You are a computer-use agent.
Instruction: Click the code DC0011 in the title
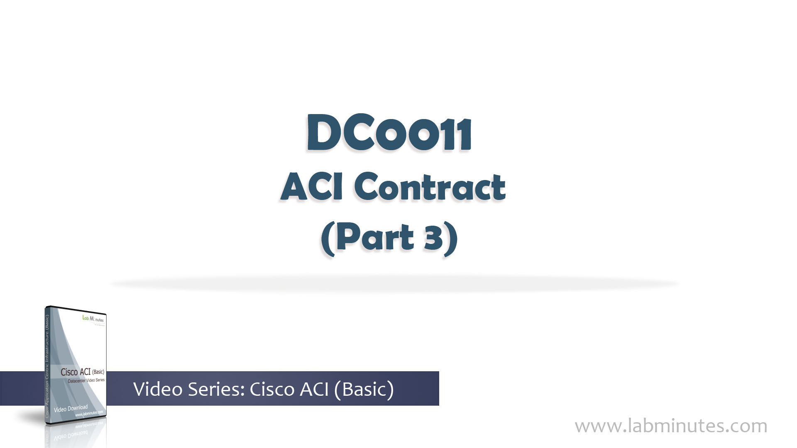(389, 134)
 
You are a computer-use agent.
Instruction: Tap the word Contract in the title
(430, 187)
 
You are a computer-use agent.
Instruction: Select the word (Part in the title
(368, 237)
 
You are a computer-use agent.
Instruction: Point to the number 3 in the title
(433, 237)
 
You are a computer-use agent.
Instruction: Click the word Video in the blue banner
(157, 389)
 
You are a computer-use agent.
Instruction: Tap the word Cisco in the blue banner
(272, 389)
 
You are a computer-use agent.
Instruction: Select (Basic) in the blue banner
(364, 389)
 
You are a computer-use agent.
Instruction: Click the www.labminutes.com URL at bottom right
(671, 426)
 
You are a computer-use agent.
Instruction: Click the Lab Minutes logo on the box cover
(93, 319)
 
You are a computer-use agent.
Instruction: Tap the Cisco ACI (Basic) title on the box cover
(82, 372)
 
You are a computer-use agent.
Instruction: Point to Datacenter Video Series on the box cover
(86, 380)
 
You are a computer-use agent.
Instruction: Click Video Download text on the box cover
(71, 409)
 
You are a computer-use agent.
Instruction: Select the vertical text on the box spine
(47, 365)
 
